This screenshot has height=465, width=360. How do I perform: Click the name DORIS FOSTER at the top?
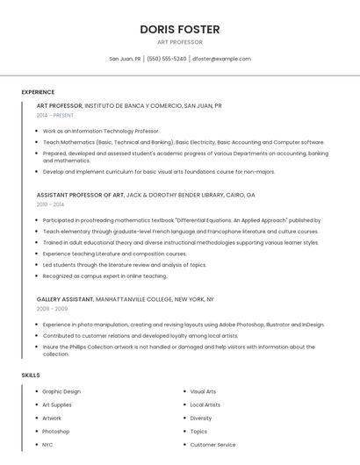(x=179, y=29)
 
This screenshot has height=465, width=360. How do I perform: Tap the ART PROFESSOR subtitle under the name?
(x=179, y=42)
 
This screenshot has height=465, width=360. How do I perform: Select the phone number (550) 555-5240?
(x=167, y=59)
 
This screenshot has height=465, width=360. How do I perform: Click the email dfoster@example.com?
(x=221, y=59)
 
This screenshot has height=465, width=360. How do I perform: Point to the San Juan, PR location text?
(x=125, y=59)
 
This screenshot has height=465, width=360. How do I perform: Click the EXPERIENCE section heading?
(x=38, y=92)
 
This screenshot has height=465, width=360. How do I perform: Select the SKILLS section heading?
(x=31, y=375)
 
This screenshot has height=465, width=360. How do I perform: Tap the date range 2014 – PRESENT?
(x=55, y=115)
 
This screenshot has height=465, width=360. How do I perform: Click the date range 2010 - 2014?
(x=50, y=204)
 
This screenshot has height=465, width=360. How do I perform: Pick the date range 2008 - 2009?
(x=51, y=309)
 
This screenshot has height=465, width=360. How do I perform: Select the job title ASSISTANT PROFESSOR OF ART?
(x=81, y=195)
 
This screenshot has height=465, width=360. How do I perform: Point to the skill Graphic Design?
(x=61, y=391)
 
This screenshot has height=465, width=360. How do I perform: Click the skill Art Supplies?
(x=57, y=404)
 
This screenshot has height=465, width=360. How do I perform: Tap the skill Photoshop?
(x=56, y=432)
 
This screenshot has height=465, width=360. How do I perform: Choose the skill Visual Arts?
(x=203, y=391)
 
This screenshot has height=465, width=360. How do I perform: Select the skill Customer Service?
(x=212, y=445)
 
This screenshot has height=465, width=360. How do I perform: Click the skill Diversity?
(x=201, y=418)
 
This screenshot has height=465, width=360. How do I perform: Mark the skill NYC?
(x=47, y=445)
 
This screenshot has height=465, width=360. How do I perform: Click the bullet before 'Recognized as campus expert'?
(x=38, y=276)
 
